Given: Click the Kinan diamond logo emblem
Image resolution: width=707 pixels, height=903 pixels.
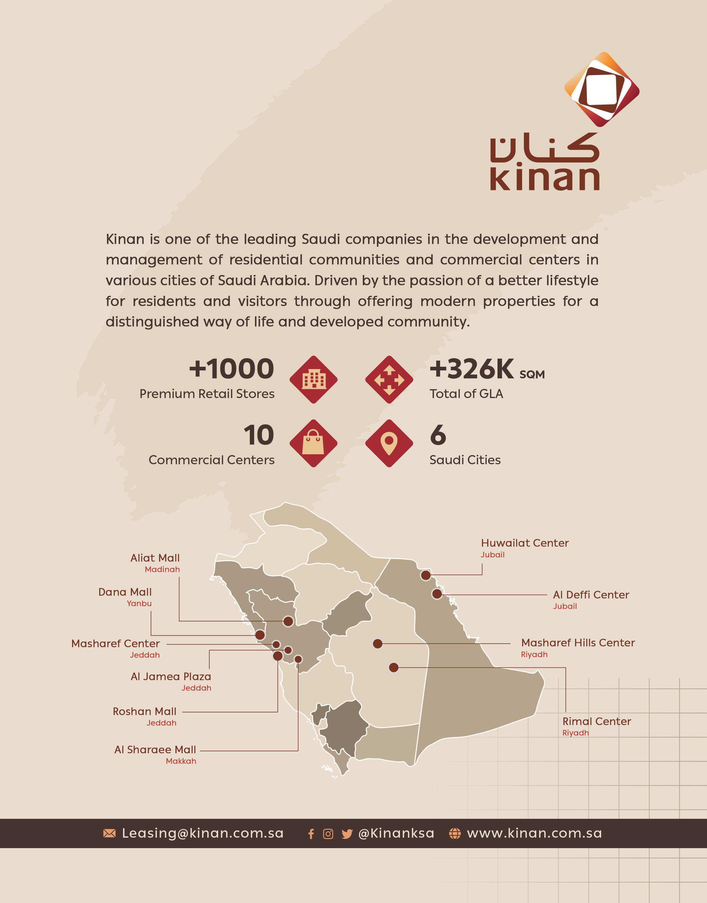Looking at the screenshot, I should [x=601, y=89].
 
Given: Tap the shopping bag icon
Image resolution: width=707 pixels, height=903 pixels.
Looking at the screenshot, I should [x=313, y=443].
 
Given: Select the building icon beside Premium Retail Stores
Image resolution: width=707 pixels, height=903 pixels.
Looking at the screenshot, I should [x=313, y=379].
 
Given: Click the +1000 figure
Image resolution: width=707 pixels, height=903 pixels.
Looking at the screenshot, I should [x=231, y=369].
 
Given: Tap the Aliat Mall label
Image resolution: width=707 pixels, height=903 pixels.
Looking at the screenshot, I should [x=155, y=558].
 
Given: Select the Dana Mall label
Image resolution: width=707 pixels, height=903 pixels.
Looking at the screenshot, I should [x=125, y=592].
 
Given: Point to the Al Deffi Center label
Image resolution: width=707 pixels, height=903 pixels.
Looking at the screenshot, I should [x=591, y=595].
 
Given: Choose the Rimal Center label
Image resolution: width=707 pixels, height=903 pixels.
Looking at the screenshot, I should [x=596, y=721].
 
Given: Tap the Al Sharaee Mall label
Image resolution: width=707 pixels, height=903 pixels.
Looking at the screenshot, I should [x=155, y=750].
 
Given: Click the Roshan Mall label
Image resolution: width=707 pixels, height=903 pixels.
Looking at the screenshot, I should [x=144, y=712].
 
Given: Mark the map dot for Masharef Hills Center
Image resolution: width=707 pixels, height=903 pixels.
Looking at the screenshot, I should [x=377, y=644].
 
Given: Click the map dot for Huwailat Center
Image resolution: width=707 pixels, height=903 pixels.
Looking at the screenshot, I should [x=425, y=575].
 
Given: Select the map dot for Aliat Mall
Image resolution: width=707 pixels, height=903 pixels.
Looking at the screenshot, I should [x=288, y=621].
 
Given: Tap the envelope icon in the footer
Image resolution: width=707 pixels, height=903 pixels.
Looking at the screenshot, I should [x=109, y=833].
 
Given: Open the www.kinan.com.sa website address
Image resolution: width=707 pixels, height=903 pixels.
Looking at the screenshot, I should [x=534, y=833].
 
